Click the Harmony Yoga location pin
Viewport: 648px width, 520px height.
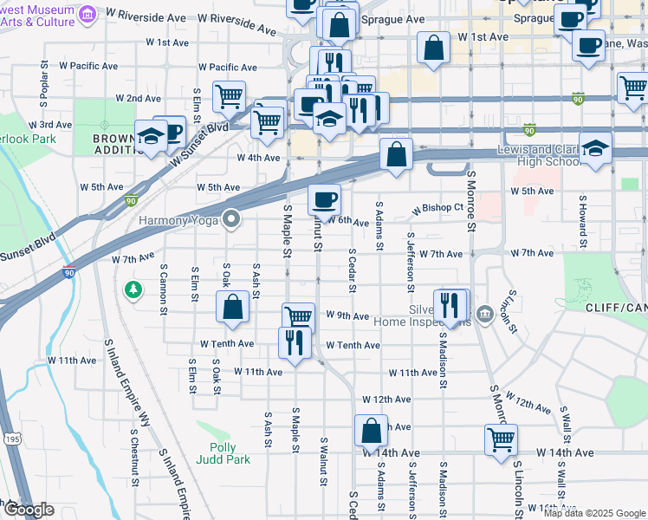[231, 218]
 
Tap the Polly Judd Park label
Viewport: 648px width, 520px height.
[224, 453]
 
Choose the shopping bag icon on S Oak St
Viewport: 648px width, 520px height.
[233, 308]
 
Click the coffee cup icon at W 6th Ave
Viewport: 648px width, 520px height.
[325, 200]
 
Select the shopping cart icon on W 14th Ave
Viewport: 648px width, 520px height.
[502, 439]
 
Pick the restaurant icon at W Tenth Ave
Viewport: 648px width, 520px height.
[295, 342]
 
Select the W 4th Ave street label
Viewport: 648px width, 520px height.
[259, 158]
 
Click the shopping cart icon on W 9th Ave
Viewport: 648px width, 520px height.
[298, 318]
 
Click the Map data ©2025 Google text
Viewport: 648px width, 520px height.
[594, 513]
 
